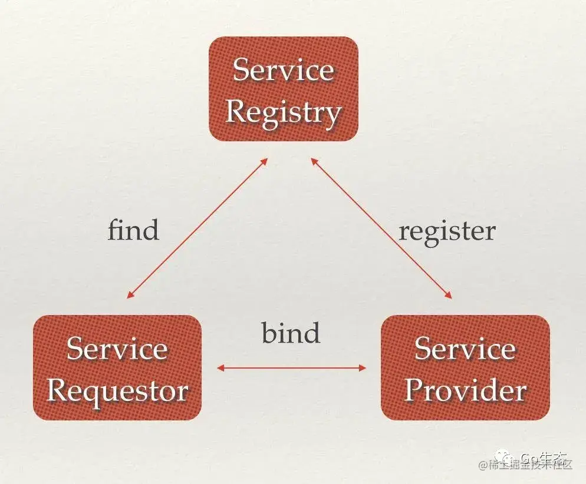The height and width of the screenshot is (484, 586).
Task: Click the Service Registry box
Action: (x=284, y=89)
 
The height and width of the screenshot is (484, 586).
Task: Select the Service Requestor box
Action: (x=117, y=367)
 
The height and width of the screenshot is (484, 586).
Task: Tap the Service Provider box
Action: (x=465, y=367)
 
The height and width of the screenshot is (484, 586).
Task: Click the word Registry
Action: (x=284, y=111)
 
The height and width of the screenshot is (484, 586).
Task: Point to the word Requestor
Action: (x=117, y=390)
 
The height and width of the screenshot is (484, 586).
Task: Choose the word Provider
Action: (x=465, y=390)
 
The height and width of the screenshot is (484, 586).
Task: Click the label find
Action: (x=133, y=229)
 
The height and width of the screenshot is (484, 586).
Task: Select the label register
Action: (x=447, y=230)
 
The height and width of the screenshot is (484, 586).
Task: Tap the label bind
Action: (x=291, y=333)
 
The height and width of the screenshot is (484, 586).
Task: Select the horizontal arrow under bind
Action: (x=291, y=368)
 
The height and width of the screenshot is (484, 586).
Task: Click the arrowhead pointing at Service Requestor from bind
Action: (x=220, y=368)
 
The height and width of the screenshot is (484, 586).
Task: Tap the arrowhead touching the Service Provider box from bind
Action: (x=363, y=368)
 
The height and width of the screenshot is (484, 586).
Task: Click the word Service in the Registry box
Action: (x=284, y=70)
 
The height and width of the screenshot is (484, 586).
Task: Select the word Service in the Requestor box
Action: (x=117, y=349)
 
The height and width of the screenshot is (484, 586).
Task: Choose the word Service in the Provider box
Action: (x=465, y=349)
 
